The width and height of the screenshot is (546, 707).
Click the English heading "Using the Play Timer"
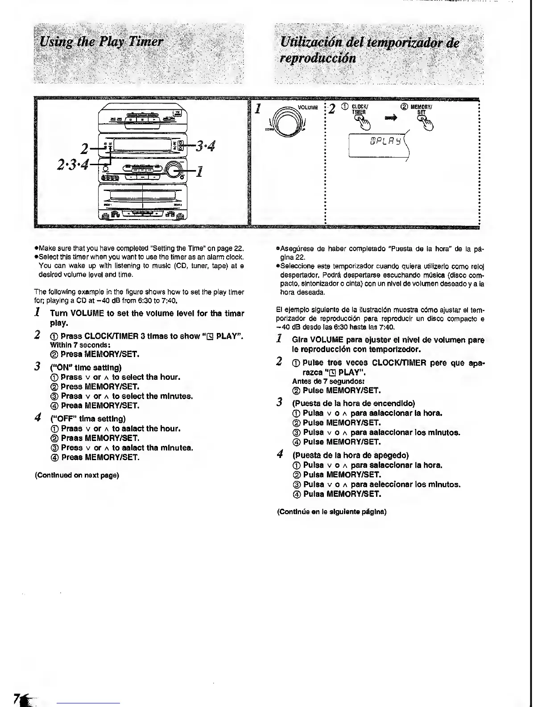tap(102, 42)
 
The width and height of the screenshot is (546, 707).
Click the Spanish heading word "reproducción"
tap(318, 58)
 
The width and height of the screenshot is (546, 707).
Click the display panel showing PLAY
tap(379, 143)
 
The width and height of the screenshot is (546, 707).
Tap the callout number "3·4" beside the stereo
tap(203, 146)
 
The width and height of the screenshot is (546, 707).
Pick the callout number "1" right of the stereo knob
tap(199, 171)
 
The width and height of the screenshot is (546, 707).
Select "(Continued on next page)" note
tap(77, 475)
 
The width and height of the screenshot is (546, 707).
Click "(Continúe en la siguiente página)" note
tap(331, 512)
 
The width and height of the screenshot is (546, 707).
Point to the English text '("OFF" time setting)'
tap(88, 419)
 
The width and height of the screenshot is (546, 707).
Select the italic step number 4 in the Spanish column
tap(280, 455)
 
